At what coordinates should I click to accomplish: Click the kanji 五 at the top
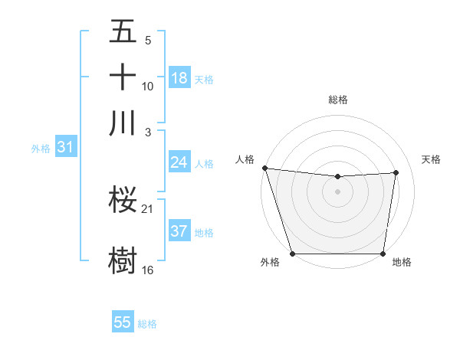click(x=123, y=32)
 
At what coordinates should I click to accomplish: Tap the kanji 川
click(x=123, y=123)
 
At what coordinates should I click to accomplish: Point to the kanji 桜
click(x=123, y=201)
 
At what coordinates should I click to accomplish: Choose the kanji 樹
click(x=123, y=259)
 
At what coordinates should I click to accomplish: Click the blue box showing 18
click(x=179, y=78)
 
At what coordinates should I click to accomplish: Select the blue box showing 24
click(x=179, y=162)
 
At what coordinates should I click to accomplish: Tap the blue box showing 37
click(x=179, y=231)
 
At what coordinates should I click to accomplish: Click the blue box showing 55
click(x=123, y=322)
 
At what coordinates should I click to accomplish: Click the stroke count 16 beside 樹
click(x=147, y=270)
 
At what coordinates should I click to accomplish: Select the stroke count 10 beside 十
click(x=147, y=87)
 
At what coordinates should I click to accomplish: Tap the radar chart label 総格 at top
click(x=338, y=100)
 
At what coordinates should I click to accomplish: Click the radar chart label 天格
click(x=431, y=159)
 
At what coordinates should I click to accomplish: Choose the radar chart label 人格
click(x=245, y=159)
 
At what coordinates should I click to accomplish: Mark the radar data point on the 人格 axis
click(x=264, y=168)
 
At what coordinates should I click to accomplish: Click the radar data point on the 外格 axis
click(x=292, y=254)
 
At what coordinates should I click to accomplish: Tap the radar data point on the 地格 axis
click(x=383, y=254)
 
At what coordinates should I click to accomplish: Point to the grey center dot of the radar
click(x=338, y=191)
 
